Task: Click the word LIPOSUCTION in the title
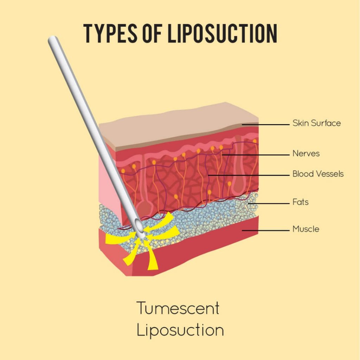(x=222, y=33)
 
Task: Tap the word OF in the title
(x=152, y=33)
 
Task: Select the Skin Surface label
(x=316, y=123)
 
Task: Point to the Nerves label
(x=306, y=153)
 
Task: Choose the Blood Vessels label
(x=318, y=174)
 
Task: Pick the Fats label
(x=300, y=202)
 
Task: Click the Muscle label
(x=306, y=229)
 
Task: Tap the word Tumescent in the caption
(x=178, y=308)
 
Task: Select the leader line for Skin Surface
(x=266, y=125)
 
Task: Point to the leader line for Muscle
(x=266, y=230)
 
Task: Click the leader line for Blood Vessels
(x=249, y=175)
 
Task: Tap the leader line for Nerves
(x=256, y=155)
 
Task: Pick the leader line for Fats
(x=269, y=204)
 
